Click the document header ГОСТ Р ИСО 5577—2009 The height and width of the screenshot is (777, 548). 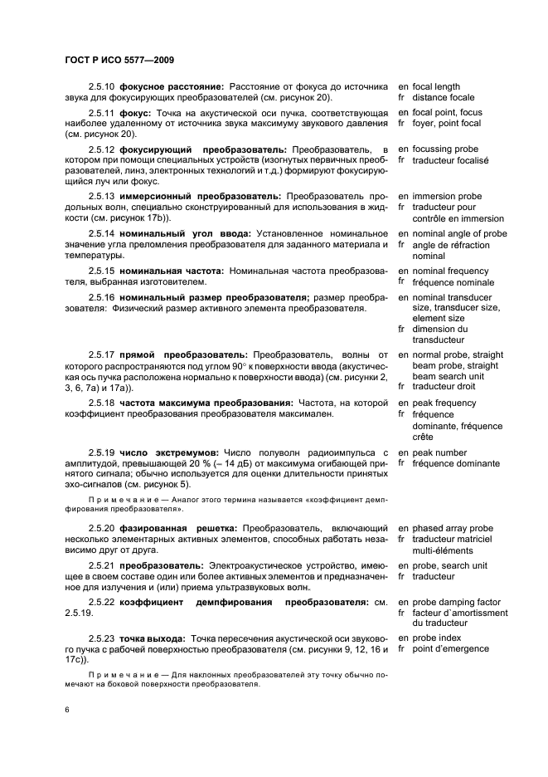click(118, 61)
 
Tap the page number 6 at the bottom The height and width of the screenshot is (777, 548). click(66, 709)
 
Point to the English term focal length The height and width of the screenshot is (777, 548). click(436, 86)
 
